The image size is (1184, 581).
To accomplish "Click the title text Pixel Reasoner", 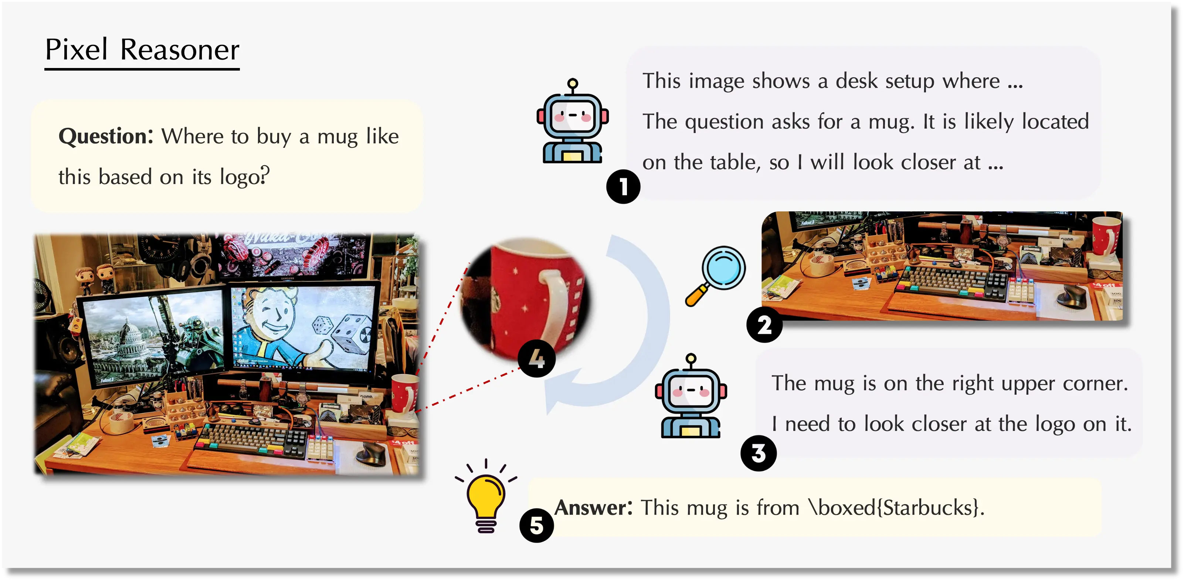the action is coord(142,49).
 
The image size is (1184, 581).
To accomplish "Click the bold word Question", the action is coord(106,136).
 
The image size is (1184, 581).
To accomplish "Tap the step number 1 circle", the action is coord(623,187).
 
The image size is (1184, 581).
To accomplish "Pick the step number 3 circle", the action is coord(759,453).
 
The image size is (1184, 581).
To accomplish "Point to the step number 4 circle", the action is coord(536,359).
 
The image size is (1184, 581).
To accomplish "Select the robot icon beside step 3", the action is coord(691,396).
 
